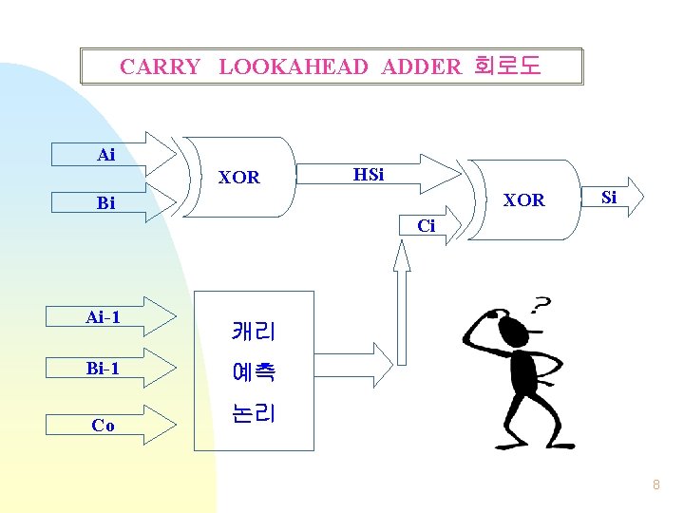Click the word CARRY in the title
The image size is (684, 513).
[160, 66]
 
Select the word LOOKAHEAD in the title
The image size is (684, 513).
[294, 66]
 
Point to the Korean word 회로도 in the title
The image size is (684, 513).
[506, 66]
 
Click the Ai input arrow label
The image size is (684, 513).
[106, 155]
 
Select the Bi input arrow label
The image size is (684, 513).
[106, 203]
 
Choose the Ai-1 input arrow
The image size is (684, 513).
[104, 317]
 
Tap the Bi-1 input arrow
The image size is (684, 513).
[104, 369]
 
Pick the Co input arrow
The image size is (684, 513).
[104, 426]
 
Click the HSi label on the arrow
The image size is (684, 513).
[369, 175]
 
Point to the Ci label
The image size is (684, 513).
[427, 226]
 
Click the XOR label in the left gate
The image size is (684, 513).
[239, 178]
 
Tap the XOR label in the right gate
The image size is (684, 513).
[523, 200]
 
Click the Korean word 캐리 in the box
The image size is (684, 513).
[253, 332]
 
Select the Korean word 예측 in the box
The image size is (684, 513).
[253, 372]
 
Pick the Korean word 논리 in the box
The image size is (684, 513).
[253, 414]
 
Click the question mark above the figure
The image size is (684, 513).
[541, 306]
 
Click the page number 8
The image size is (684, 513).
[655, 485]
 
